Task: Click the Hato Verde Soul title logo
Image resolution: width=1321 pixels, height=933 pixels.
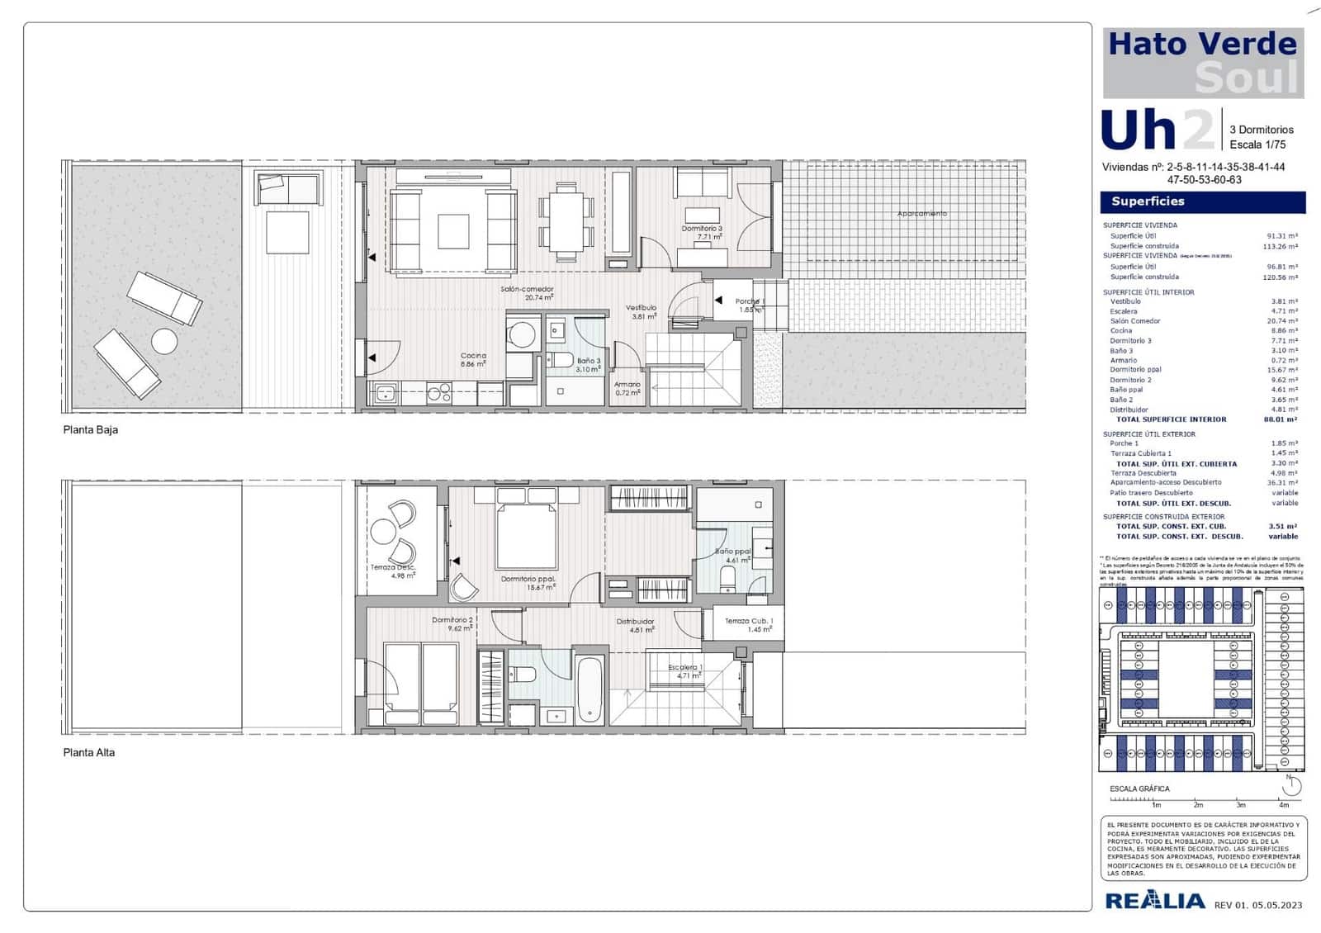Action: [x=1203, y=63]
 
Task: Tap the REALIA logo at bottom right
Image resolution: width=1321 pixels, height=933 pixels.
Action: [x=1154, y=901]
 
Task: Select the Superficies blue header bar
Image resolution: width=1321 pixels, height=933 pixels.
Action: [x=1202, y=201]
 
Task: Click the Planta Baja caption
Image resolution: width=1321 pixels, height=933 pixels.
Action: [x=91, y=430]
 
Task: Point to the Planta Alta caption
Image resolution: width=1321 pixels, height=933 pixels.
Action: [x=89, y=753]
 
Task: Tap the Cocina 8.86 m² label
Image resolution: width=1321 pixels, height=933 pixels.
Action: [x=473, y=359]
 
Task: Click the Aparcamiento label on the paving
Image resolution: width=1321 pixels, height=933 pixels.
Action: [x=921, y=214]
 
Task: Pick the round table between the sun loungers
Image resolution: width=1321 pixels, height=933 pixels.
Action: [x=164, y=341]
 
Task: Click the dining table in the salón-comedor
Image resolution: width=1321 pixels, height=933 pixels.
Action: [x=566, y=221]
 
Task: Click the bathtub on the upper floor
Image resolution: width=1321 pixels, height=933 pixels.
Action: [x=589, y=689]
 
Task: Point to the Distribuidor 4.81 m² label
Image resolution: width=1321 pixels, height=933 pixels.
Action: [x=636, y=625]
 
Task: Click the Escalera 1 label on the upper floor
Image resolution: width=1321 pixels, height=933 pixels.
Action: [x=685, y=670]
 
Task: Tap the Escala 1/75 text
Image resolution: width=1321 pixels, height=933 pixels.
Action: [x=1257, y=144]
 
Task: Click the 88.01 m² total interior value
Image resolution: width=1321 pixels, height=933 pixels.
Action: [x=1281, y=419]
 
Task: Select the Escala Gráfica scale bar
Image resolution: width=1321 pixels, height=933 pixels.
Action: [x=1197, y=799]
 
